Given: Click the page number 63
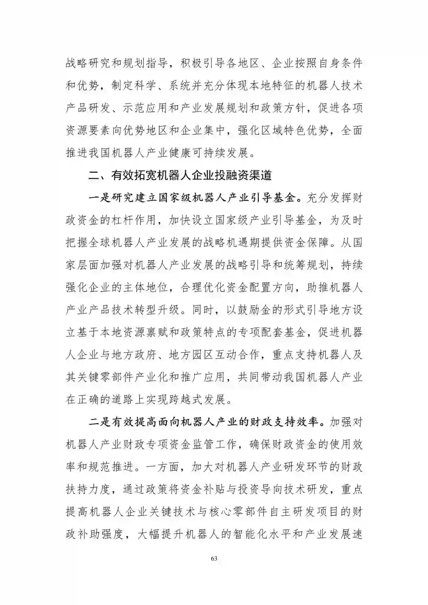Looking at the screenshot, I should [x=214, y=559].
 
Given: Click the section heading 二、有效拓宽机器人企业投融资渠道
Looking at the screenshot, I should [x=180, y=175].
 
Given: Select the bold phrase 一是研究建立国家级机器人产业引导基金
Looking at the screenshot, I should [x=193, y=198].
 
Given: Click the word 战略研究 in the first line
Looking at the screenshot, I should [x=88, y=63].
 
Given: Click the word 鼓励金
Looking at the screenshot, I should [x=254, y=310].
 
